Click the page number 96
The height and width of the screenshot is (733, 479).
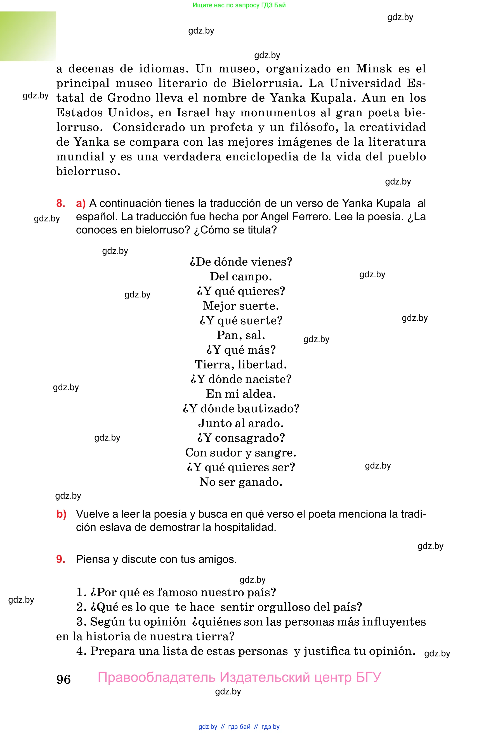click(x=63, y=679)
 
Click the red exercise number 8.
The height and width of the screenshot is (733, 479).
click(x=60, y=203)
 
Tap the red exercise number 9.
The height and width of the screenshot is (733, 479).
click(x=60, y=559)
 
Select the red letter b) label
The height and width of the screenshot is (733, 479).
click(x=61, y=514)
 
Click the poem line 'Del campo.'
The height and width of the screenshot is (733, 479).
click(x=240, y=276)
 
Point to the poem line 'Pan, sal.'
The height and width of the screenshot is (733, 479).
click(x=240, y=335)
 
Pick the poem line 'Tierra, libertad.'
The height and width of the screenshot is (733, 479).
click(x=240, y=365)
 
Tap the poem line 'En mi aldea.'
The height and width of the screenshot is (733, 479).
click(x=240, y=394)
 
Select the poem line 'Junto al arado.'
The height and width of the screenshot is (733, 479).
click(x=240, y=423)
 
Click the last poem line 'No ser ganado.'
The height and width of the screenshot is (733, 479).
click(x=240, y=482)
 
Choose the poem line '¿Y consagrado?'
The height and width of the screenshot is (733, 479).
click(x=240, y=438)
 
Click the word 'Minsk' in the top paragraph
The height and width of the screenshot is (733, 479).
click(x=374, y=68)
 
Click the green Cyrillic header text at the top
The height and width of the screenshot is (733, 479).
click(x=239, y=5)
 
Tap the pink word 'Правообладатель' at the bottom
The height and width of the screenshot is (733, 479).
click(x=157, y=677)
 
